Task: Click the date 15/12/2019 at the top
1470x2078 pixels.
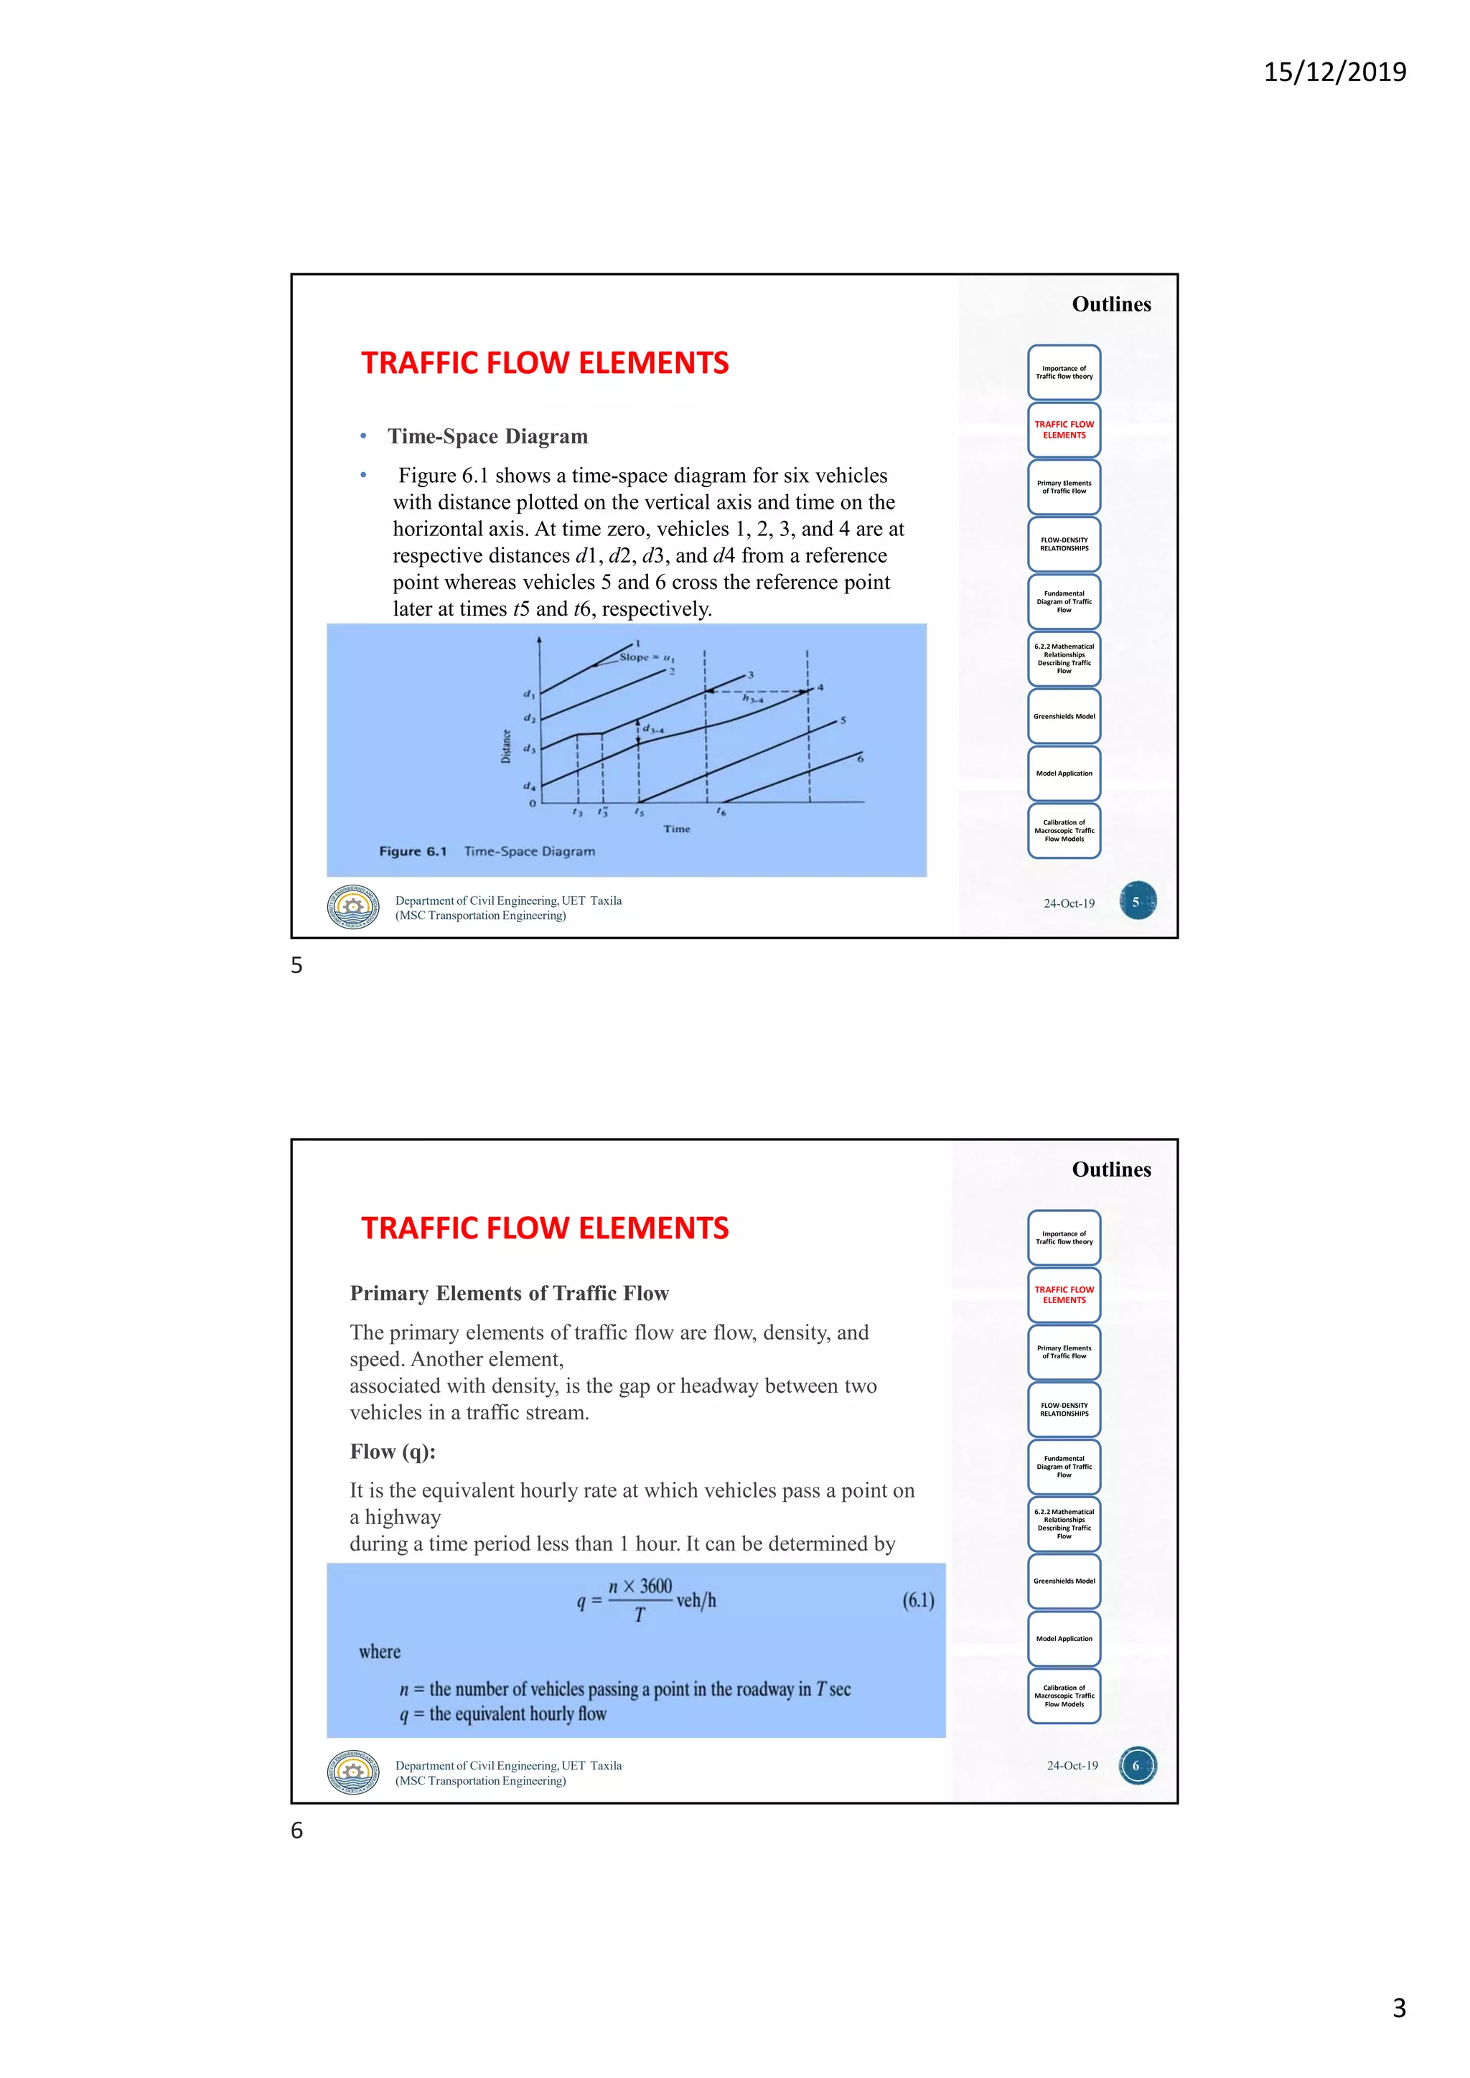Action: [x=1334, y=72]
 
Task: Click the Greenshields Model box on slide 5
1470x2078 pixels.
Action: [x=1064, y=716]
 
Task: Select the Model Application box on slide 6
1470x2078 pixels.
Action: [x=1064, y=1638]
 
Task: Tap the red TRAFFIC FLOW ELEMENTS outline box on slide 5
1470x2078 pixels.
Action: [x=1064, y=430]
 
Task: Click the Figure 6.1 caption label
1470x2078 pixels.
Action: [x=413, y=852]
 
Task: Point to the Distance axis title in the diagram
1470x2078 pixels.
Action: [x=506, y=747]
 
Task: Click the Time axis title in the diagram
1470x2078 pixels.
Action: [x=676, y=829]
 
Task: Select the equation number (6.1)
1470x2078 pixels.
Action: [x=918, y=1600]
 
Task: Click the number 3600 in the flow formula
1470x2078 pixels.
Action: [x=655, y=1586]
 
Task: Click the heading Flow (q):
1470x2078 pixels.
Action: [x=393, y=1452]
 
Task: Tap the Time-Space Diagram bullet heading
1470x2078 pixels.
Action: [x=488, y=436]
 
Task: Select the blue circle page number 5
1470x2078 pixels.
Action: [x=1137, y=901]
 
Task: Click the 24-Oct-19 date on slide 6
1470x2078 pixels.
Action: [x=1072, y=1766]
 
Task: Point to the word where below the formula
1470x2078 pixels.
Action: [x=379, y=1652]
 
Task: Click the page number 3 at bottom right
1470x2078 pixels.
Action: [x=1398, y=2008]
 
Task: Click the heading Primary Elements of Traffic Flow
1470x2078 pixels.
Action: [x=509, y=1293]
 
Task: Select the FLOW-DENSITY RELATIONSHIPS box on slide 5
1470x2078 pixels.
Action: [x=1064, y=544]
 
